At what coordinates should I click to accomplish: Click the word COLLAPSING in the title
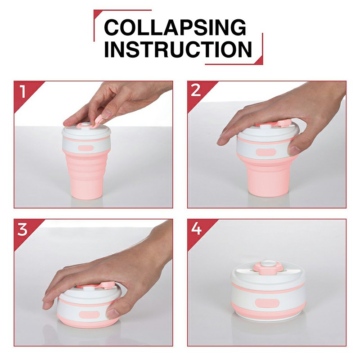tap(175, 28)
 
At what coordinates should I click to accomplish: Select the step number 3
tap(22, 229)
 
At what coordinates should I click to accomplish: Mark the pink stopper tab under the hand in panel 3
tap(108, 285)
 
